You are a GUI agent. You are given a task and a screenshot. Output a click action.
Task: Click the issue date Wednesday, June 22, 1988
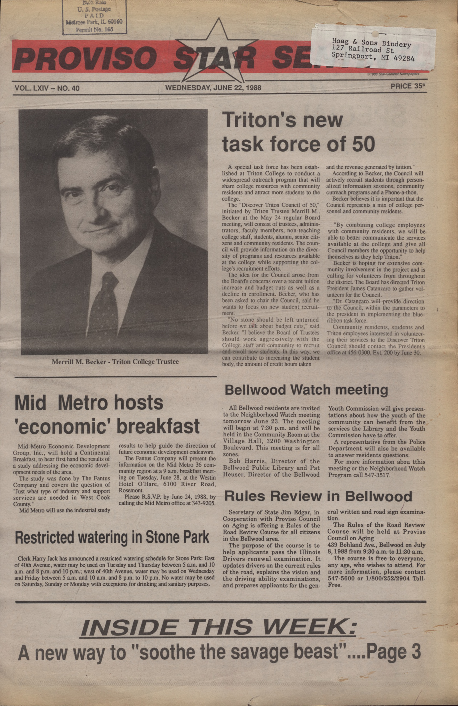(213, 88)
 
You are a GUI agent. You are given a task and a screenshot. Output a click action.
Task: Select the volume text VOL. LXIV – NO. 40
(47, 88)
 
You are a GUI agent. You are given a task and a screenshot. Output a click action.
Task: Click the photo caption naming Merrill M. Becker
(115, 362)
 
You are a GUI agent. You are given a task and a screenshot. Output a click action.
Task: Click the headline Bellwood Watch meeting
(306, 390)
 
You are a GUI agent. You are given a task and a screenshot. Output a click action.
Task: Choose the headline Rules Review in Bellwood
(318, 496)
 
